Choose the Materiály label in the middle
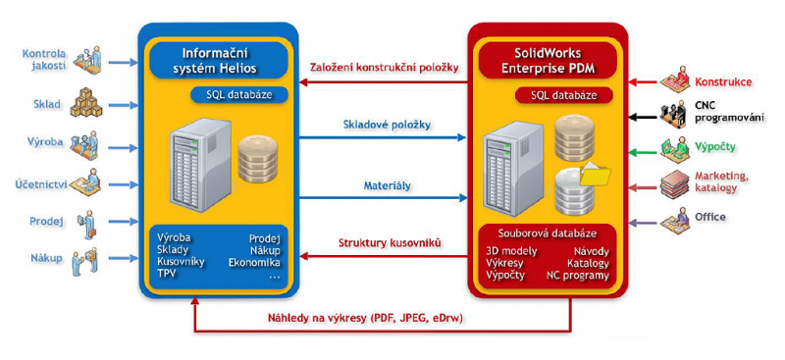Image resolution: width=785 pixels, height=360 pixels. click(386, 185)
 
